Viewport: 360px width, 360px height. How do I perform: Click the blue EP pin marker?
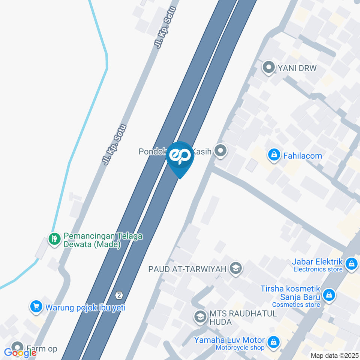click(x=180, y=157)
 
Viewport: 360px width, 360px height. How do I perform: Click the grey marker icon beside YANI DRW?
click(x=268, y=68)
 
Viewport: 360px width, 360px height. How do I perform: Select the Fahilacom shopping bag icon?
click(x=274, y=155)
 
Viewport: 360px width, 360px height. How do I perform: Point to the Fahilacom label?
click(x=303, y=156)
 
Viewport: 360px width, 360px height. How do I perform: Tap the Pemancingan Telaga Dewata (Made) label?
click(x=103, y=240)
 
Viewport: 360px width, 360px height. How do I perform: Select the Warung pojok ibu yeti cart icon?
click(x=36, y=307)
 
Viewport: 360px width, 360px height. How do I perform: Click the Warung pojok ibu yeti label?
click(x=85, y=308)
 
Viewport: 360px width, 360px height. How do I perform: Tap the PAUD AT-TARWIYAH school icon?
click(x=236, y=268)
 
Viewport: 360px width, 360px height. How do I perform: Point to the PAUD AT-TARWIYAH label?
click(x=187, y=269)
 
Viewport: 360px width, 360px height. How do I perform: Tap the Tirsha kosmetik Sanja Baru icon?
click(x=329, y=295)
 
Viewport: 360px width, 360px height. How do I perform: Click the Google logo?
click(x=20, y=352)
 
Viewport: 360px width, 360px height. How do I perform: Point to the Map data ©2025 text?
click(x=334, y=355)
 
